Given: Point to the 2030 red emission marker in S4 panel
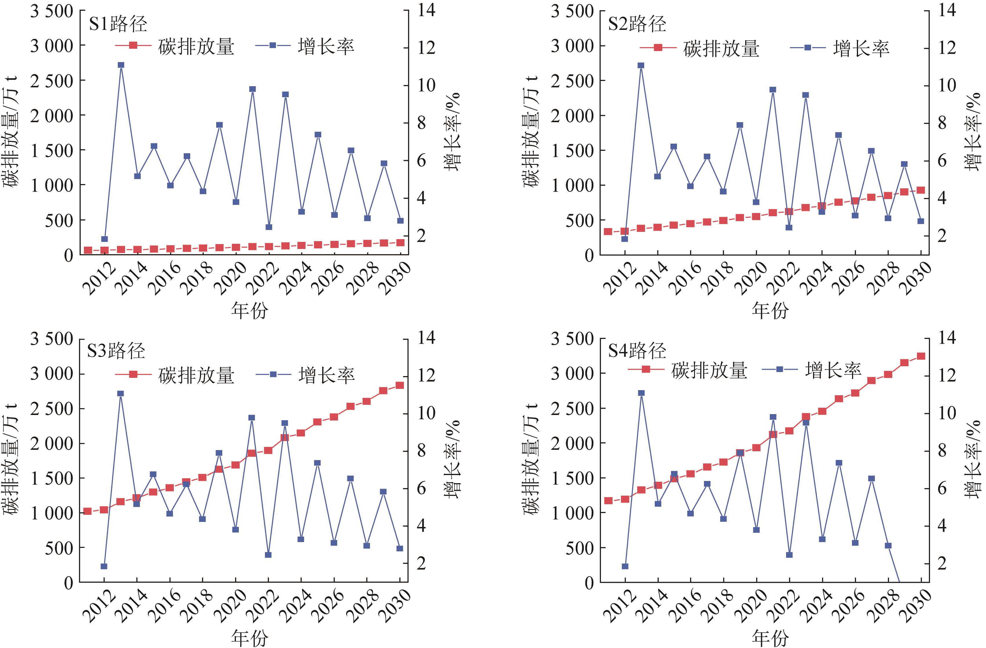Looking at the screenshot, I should click(x=921, y=356).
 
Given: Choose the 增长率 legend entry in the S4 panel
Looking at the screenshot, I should click(x=833, y=369).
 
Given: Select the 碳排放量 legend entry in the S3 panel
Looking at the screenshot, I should click(x=196, y=375).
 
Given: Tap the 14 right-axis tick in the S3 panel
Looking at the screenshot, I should click(x=426, y=338).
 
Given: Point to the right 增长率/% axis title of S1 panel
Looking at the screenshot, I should click(x=452, y=132).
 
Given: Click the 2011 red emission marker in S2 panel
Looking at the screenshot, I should click(x=608, y=232).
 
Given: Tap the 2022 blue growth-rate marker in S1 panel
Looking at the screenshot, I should click(x=268, y=227).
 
